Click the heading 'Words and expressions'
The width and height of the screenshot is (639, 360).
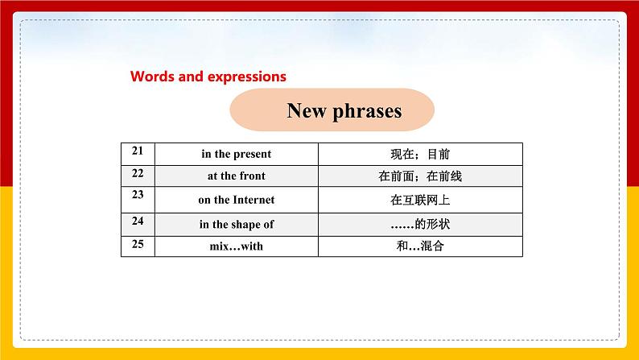coord(208,77)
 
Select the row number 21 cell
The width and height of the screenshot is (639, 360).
coord(137,151)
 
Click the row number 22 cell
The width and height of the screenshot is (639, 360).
coord(137,174)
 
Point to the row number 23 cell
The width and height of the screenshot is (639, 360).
coord(137,197)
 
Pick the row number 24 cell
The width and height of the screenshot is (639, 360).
coord(137,221)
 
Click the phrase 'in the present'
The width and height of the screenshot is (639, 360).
coord(236,154)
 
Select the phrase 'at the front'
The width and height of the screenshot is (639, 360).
coord(236,176)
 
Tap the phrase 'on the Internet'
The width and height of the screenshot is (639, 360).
coord(236,200)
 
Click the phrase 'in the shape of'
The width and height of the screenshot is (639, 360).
coord(236,224)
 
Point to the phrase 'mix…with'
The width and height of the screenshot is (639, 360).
coord(236,246)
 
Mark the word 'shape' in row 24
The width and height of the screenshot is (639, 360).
coord(243,224)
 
